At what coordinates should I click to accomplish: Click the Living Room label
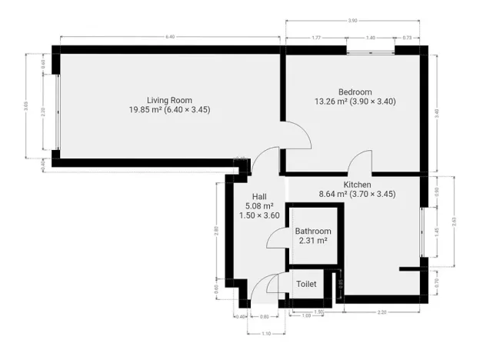(169, 99)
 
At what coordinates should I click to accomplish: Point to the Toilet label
(307, 284)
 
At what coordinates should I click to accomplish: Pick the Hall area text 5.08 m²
(259, 206)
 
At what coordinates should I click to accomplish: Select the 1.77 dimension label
(316, 37)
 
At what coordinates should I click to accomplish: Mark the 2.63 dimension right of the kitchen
(454, 222)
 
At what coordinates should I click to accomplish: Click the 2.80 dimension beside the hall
(216, 229)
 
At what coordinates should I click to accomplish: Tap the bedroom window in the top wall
(370, 51)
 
